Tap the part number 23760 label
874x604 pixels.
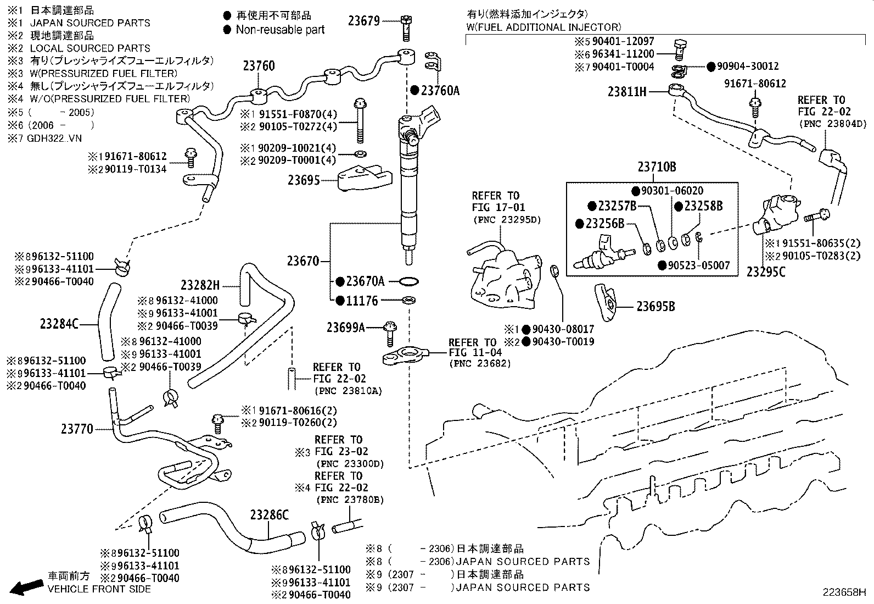point(259,66)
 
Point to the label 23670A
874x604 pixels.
point(365,281)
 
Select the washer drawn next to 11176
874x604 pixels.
point(408,301)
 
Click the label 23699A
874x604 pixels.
point(346,328)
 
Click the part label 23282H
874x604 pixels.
point(200,285)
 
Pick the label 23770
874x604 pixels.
point(77,429)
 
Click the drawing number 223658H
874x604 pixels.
point(844,592)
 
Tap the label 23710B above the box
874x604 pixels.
point(657,167)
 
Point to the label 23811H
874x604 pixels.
point(626,92)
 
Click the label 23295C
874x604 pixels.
point(766,271)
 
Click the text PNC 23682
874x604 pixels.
point(480,363)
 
